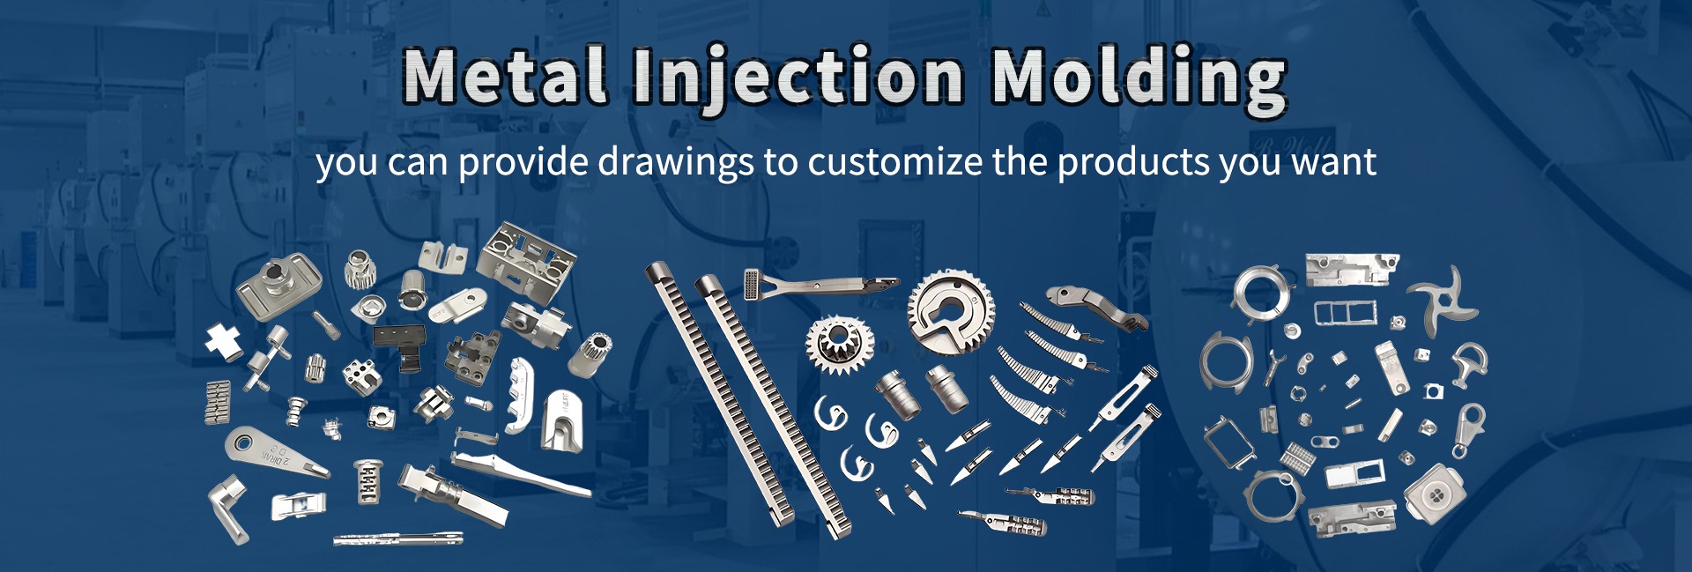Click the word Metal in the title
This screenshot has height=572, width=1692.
pyautogui.click(x=506, y=76)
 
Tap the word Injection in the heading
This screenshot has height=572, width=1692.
pyautogui.click(x=798, y=79)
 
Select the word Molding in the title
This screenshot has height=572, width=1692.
pyautogui.click(x=1139, y=79)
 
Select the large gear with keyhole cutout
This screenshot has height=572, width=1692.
pyautogui.click(x=952, y=312)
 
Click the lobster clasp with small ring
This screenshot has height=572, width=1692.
pyautogui.click(x=1469, y=428)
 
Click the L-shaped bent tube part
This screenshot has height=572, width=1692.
pyautogui.click(x=226, y=507)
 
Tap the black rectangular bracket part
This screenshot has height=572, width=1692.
pyautogui.click(x=401, y=344)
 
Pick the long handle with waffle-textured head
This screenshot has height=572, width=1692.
pyautogui.click(x=820, y=284)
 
